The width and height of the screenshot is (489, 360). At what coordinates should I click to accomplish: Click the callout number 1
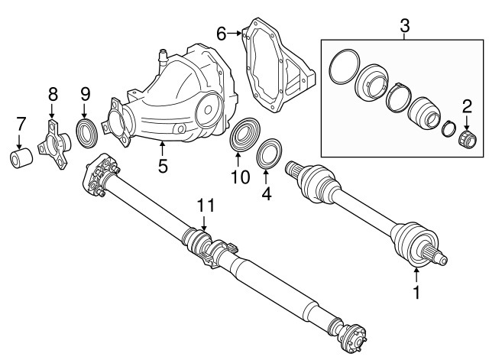(416, 291)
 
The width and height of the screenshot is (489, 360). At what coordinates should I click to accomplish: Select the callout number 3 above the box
(405, 26)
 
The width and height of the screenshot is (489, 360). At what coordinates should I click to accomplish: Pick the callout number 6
(221, 34)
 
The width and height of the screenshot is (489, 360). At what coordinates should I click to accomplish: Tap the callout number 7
(21, 124)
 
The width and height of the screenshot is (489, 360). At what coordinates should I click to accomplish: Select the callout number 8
(53, 95)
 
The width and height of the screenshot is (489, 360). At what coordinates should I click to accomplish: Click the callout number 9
(86, 95)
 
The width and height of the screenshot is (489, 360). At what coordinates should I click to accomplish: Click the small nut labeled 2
(466, 141)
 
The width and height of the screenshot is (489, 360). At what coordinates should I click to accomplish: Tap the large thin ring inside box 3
(345, 67)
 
